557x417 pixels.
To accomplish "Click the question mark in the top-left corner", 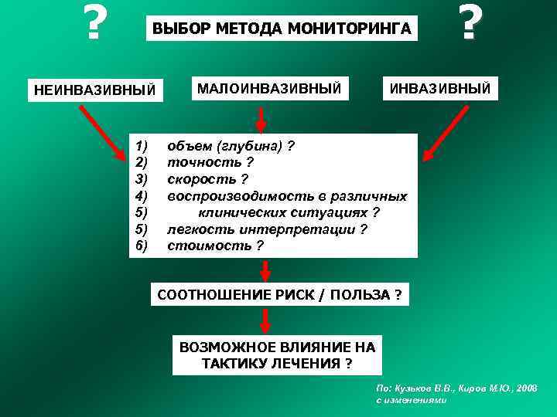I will [x=94, y=24].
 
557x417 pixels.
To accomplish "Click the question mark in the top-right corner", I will [x=466, y=24].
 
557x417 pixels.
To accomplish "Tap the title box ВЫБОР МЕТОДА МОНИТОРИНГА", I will [x=281, y=30].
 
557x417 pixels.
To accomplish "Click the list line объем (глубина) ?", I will [x=231, y=146].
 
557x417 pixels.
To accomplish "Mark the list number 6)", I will [x=141, y=246].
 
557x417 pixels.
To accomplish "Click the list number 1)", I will [x=141, y=146].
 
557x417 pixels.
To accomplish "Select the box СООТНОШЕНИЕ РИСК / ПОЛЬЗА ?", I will [x=279, y=295].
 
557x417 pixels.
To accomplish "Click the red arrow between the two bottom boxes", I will [x=265, y=320].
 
